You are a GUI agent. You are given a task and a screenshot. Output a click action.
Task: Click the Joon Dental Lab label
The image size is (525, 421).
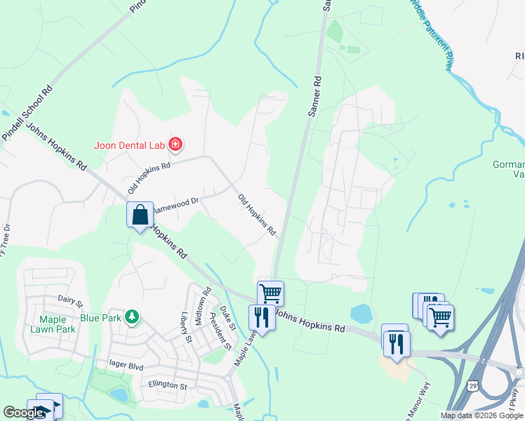click(129, 146)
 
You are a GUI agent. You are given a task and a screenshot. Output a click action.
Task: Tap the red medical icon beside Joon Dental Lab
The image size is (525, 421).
click(175, 145)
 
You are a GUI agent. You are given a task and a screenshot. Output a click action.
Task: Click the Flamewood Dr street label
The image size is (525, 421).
click(177, 203)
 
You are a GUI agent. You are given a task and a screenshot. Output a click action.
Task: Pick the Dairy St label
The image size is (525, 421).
click(70, 301)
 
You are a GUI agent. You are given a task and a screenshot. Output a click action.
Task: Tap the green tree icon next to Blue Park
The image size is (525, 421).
click(130, 317)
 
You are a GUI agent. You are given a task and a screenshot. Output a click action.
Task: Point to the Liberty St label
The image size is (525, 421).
click(186, 327)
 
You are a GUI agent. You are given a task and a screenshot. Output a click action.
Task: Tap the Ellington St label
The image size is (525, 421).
click(168, 385)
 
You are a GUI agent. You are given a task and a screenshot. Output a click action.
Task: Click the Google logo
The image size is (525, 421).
click(24, 413)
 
